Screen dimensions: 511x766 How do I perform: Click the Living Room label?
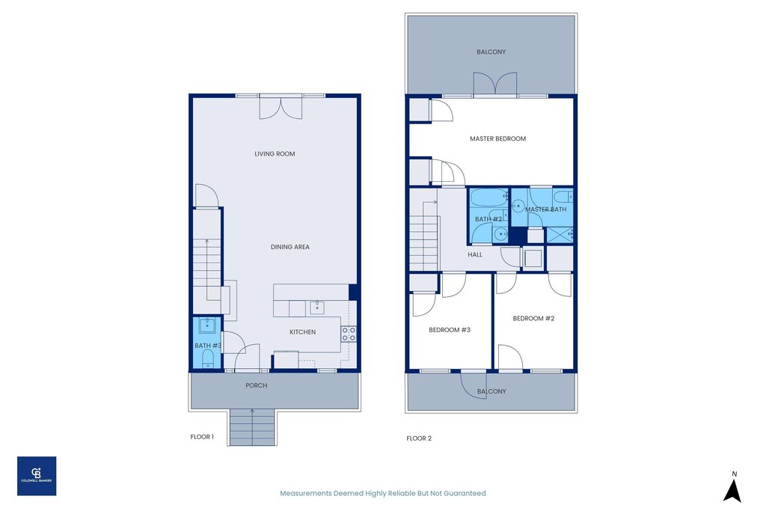click(275, 154)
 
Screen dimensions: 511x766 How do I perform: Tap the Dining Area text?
click(290, 247)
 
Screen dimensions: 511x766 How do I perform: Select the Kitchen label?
click(303, 332)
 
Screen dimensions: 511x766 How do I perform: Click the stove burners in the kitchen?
click(349, 334)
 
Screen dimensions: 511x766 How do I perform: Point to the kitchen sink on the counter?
click(316, 307)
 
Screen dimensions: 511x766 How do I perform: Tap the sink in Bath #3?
click(206, 325)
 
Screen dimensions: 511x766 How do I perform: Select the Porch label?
click(256, 386)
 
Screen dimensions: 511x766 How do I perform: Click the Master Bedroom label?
click(497, 139)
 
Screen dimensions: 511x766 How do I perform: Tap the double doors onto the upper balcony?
click(495, 84)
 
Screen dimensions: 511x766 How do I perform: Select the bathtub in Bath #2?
click(488, 201)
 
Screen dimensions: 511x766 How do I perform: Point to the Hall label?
click(475, 255)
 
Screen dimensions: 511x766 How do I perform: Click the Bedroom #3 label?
click(449, 330)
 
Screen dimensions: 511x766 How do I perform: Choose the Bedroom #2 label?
click(533, 319)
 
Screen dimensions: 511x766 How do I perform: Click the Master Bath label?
click(545, 210)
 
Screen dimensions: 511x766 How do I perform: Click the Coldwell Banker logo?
click(37, 476)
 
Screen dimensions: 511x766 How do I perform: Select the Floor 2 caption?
click(419, 438)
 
